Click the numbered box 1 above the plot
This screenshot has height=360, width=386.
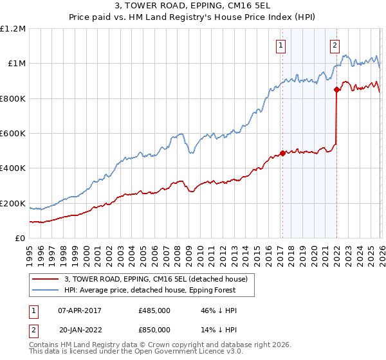click(x=282, y=45)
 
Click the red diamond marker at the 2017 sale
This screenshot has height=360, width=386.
click(x=282, y=154)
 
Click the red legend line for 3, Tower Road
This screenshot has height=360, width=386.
click(x=46, y=278)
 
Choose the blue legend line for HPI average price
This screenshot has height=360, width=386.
click(x=46, y=290)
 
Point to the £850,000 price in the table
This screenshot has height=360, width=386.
click(x=154, y=330)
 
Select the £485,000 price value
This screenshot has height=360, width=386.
click(x=154, y=310)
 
